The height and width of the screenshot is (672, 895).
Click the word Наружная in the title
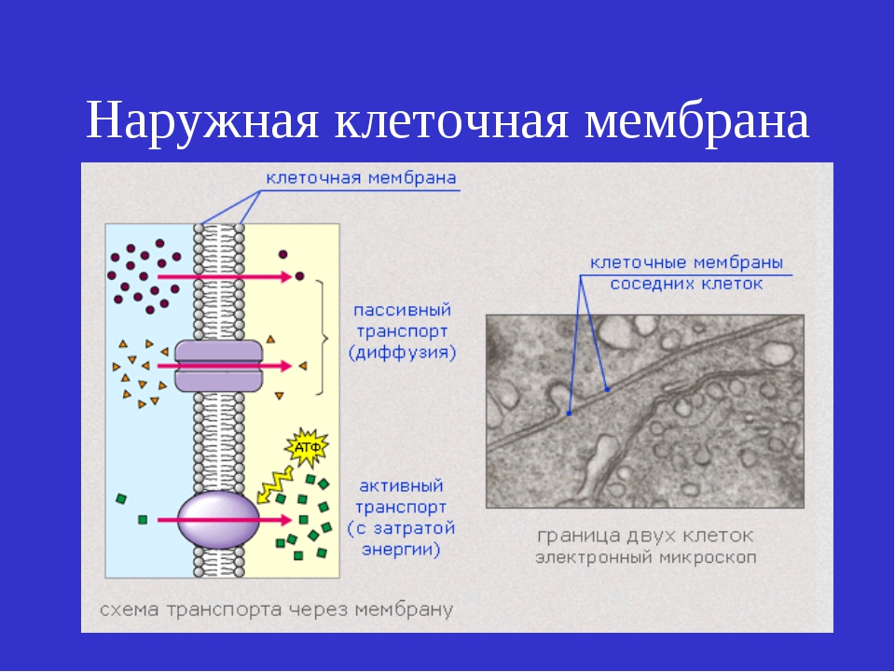click(202, 121)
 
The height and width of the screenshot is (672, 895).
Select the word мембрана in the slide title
click(697, 120)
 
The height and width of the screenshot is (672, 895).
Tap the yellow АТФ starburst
click(307, 447)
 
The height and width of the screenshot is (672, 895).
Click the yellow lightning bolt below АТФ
click(274, 484)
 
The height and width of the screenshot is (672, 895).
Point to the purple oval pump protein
click(218, 520)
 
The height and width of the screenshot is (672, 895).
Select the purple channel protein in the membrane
click(218, 366)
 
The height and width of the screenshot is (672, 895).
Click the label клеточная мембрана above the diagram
click(362, 177)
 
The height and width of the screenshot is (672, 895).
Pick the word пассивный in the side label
click(403, 310)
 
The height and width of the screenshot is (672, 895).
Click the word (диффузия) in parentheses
click(403, 353)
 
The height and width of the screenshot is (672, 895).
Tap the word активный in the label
click(401, 486)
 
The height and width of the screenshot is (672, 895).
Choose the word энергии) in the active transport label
click(401, 549)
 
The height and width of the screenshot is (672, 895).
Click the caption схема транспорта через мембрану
click(276, 609)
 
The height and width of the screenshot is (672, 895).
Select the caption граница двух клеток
click(645, 536)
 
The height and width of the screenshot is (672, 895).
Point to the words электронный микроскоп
click(645, 557)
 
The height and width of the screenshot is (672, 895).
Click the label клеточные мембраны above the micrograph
click(686, 263)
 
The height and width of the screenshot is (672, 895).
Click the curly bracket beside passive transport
click(323, 338)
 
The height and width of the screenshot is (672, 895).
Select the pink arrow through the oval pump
click(225, 520)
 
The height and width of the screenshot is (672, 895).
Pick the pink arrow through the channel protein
click(225, 366)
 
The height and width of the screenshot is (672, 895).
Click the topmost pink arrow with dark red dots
click(225, 276)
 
